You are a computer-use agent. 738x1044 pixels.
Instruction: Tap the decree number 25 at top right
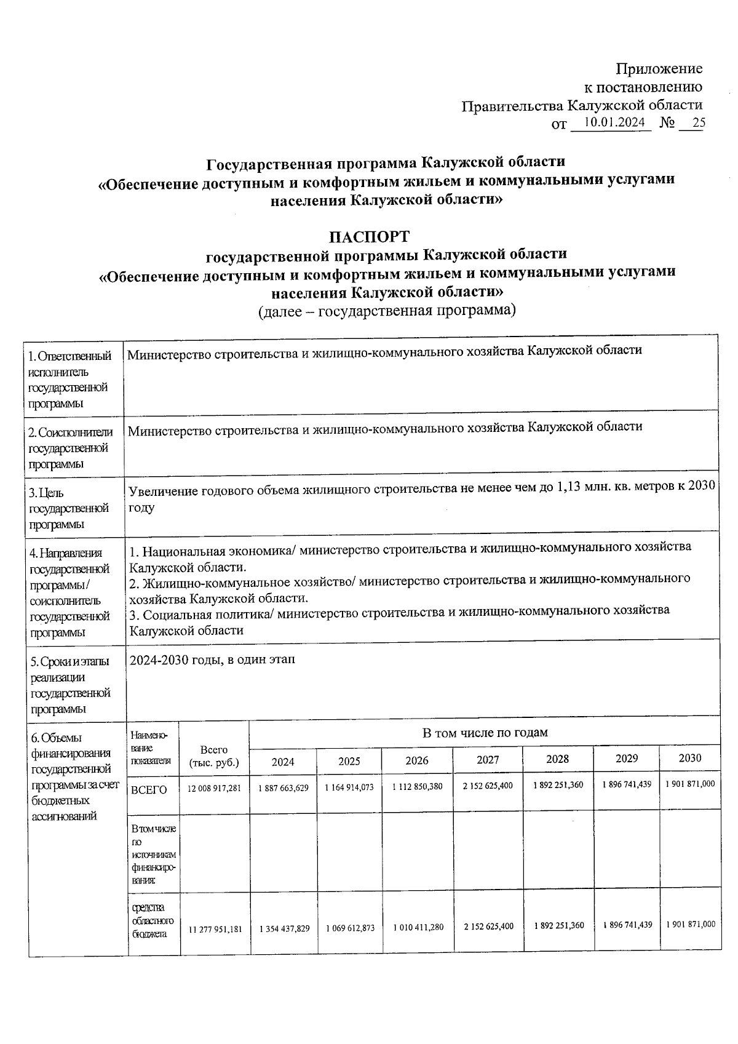698,123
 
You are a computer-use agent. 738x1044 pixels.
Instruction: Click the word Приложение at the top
659,68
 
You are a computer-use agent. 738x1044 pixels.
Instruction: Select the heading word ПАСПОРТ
368,236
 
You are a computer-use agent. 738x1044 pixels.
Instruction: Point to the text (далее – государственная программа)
386,310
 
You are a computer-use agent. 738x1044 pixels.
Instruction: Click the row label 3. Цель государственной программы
69,508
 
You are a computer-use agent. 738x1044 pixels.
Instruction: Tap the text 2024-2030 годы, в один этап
212,659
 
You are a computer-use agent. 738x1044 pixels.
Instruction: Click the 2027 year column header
488,760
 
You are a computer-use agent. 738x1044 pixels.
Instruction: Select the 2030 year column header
689,758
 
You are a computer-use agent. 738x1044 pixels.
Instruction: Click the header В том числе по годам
485,732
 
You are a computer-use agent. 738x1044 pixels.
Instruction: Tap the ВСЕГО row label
149,790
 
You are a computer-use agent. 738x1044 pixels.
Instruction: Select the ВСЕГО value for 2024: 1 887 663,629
283,787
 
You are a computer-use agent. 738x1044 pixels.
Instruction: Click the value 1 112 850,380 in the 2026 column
417,786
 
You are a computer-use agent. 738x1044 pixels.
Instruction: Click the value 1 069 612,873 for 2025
349,928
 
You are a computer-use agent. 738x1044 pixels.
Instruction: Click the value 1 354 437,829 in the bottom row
284,928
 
